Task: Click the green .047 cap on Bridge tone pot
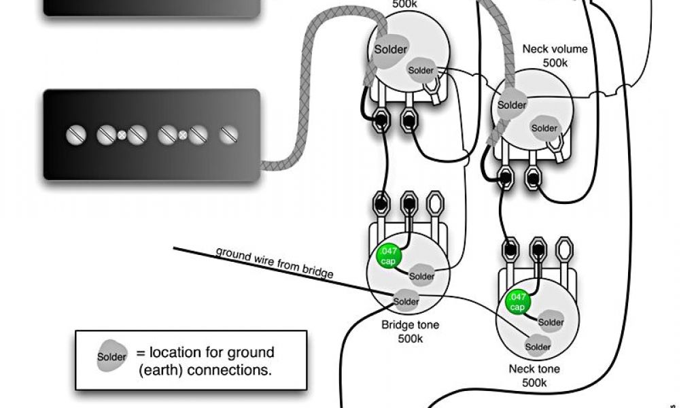[x=388, y=256]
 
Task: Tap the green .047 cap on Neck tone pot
[x=517, y=302]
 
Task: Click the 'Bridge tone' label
[x=410, y=324]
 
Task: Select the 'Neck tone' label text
[x=534, y=369]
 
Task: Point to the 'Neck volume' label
[x=555, y=49]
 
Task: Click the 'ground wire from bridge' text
[x=275, y=262]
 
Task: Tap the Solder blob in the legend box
[x=112, y=356]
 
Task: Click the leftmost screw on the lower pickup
[x=76, y=135]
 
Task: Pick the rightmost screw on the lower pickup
[x=229, y=135]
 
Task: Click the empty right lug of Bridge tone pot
[x=435, y=204]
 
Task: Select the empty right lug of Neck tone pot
[x=564, y=250]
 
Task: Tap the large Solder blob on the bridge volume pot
[x=390, y=50]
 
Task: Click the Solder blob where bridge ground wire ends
[x=406, y=301]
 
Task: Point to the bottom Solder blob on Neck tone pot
[x=538, y=346]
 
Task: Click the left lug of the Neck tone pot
[x=510, y=250]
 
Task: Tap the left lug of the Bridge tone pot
[x=381, y=204]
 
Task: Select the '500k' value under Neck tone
[x=534, y=383]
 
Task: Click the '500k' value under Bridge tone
[x=410, y=339]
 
